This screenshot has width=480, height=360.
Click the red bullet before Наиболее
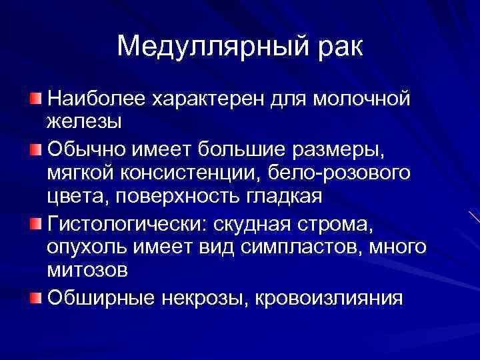point(35,99)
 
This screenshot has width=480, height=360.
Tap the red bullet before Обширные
point(35,296)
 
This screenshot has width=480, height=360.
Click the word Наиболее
point(97,99)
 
